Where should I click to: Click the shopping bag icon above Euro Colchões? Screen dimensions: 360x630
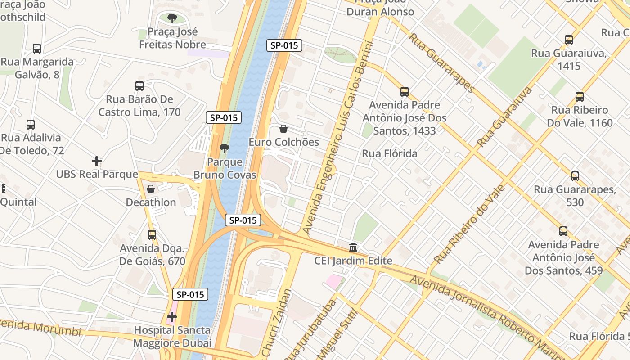pos(283,129)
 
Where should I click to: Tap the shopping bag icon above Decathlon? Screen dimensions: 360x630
pos(151,189)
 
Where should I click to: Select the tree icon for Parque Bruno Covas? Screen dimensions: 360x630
pos(224,148)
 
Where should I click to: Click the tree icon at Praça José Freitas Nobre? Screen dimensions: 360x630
pos(172,18)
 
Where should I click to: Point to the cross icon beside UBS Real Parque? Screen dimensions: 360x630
pos(96,161)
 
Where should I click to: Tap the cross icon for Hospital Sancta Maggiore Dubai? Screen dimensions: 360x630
pos(171,317)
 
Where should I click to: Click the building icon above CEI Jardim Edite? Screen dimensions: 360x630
pos(353,247)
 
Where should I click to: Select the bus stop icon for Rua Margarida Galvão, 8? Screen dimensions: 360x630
pos(37,49)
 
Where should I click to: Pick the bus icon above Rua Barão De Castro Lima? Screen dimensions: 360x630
pos(139,86)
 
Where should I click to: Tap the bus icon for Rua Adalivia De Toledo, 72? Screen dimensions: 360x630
pos(31,125)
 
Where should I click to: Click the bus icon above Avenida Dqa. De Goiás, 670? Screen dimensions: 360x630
pos(152,235)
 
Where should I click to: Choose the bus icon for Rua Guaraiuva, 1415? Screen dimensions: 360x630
pos(569,40)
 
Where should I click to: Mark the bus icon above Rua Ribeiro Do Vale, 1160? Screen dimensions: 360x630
pos(580,97)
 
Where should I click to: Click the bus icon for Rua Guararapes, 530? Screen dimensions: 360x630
pos(575,176)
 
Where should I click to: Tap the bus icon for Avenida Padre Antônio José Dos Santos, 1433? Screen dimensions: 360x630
pos(405,92)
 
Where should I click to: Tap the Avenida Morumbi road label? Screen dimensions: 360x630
pos(40,328)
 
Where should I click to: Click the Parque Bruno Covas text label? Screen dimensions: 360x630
pos(225,169)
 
